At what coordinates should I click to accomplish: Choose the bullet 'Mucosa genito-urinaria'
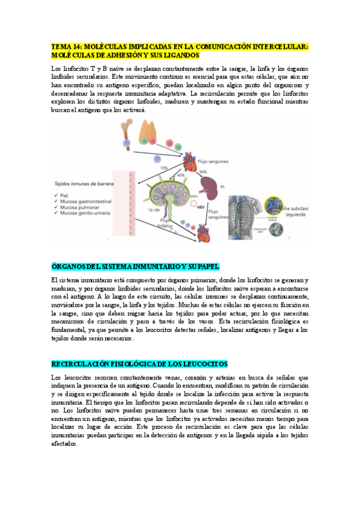[79, 213]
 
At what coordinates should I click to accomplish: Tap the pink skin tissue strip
[124, 204]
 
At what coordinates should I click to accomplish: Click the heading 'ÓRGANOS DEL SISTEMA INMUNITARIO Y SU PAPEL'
[135, 266]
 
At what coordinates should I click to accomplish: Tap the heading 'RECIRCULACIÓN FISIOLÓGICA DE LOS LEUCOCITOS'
[139, 364]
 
